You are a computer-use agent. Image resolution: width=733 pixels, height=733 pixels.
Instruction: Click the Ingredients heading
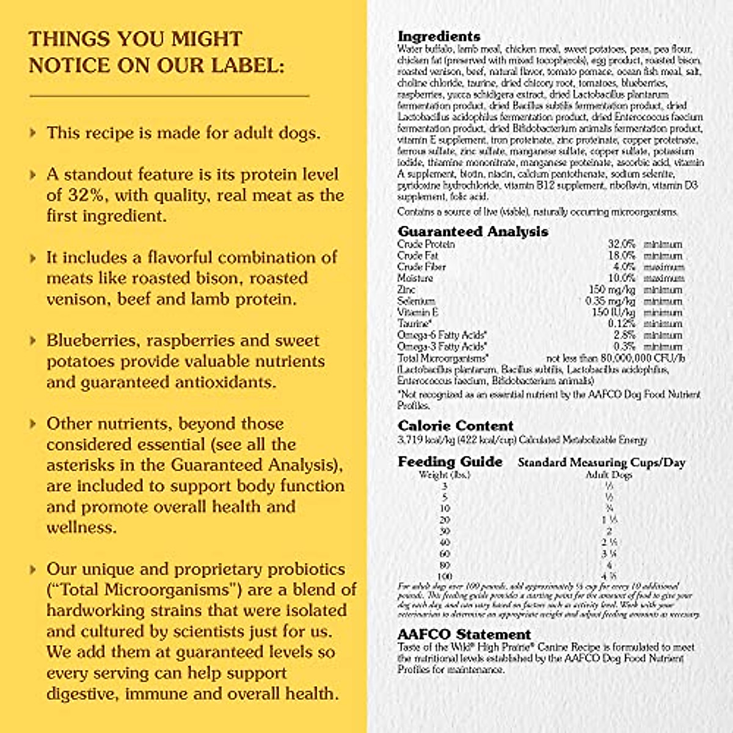(x=439, y=36)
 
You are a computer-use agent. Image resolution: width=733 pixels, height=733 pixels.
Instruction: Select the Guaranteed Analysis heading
(x=473, y=232)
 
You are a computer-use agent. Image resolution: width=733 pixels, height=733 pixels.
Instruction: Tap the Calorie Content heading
(x=455, y=426)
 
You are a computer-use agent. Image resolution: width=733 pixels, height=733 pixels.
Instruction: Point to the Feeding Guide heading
(x=450, y=462)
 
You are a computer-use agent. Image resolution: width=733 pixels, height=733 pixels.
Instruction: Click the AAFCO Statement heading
(x=464, y=634)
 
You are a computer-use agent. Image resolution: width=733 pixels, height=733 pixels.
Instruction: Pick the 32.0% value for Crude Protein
(x=621, y=244)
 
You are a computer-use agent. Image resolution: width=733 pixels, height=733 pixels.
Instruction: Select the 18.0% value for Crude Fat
(x=621, y=256)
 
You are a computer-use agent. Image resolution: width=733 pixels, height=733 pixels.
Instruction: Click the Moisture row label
(x=415, y=279)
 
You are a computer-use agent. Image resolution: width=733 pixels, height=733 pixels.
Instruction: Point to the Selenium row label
(x=416, y=301)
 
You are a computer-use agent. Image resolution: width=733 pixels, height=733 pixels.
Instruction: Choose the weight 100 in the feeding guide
(x=445, y=577)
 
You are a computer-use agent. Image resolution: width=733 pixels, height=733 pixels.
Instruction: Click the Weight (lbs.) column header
(x=444, y=475)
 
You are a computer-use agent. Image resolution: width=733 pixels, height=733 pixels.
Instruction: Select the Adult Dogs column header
(x=608, y=475)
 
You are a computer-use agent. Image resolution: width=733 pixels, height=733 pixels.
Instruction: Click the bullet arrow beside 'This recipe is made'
(x=33, y=133)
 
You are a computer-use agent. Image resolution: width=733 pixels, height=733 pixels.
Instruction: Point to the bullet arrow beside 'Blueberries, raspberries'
(x=33, y=340)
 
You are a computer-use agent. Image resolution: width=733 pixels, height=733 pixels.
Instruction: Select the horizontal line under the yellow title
(x=169, y=96)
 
